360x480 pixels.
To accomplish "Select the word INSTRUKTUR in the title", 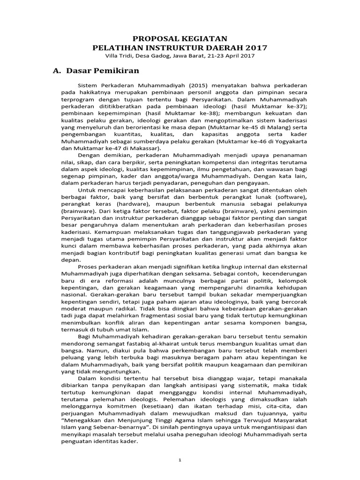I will (180, 47).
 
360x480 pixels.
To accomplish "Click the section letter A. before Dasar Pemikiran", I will (57, 71).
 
